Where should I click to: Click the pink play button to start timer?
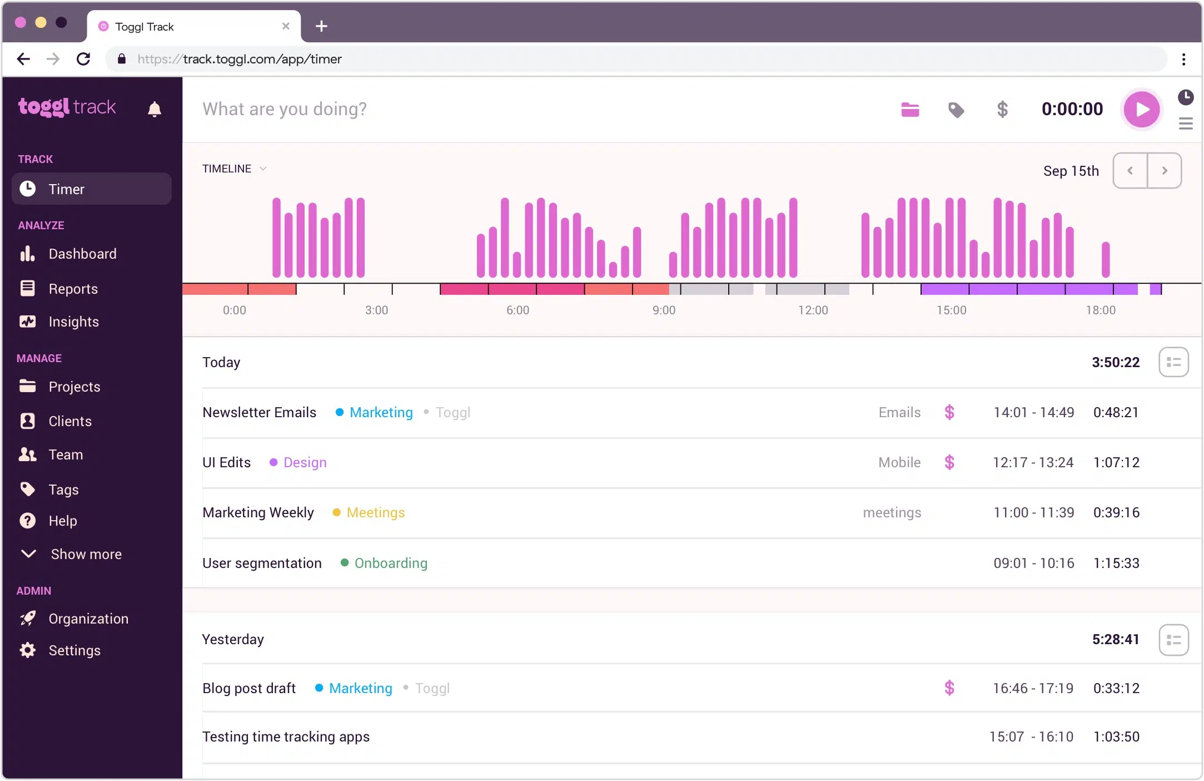[1141, 109]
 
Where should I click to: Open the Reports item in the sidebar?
[72, 289]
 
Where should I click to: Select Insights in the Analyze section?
[73, 322]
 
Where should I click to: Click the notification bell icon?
[155, 109]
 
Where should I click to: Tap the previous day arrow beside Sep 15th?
[1130, 171]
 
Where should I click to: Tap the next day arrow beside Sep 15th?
[1165, 171]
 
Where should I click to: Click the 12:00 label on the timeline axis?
[813, 310]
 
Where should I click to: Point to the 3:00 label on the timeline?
[376, 310]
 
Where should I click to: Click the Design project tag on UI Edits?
[305, 463]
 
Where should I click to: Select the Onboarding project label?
[391, 563]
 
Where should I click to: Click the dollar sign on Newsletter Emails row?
[949, 412]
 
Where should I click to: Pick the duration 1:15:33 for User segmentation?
[1116, 563]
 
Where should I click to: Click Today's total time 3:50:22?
[1115, 363]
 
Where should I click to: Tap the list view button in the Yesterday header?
[1173, 640]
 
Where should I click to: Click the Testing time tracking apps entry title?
[286, 737]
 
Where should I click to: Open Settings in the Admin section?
[74, 650]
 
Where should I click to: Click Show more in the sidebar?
[86, 554]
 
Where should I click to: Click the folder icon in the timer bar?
[910, 110]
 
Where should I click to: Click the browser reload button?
[83, 59]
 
